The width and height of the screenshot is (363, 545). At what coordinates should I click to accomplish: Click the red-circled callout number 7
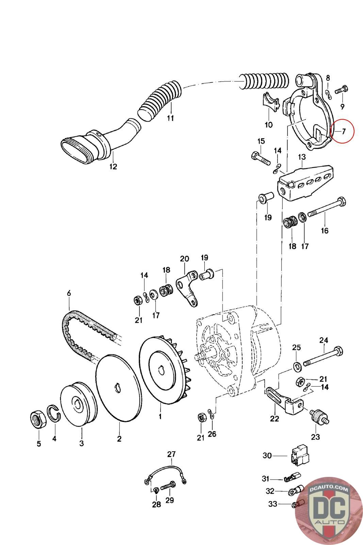tap(344, 131)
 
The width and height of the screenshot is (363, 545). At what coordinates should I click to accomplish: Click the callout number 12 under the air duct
tap(113, 167)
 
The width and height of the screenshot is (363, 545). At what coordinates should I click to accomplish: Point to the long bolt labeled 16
tap(327, 208)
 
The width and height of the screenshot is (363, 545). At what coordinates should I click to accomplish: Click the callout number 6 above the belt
tap(69, 293)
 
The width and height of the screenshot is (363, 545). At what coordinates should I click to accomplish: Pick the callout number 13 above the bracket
tap(302, 157)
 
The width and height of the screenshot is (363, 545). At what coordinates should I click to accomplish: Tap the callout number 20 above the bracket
tap(184, 259)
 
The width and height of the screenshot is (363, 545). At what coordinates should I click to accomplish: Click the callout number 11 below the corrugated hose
tap(170, 118)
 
